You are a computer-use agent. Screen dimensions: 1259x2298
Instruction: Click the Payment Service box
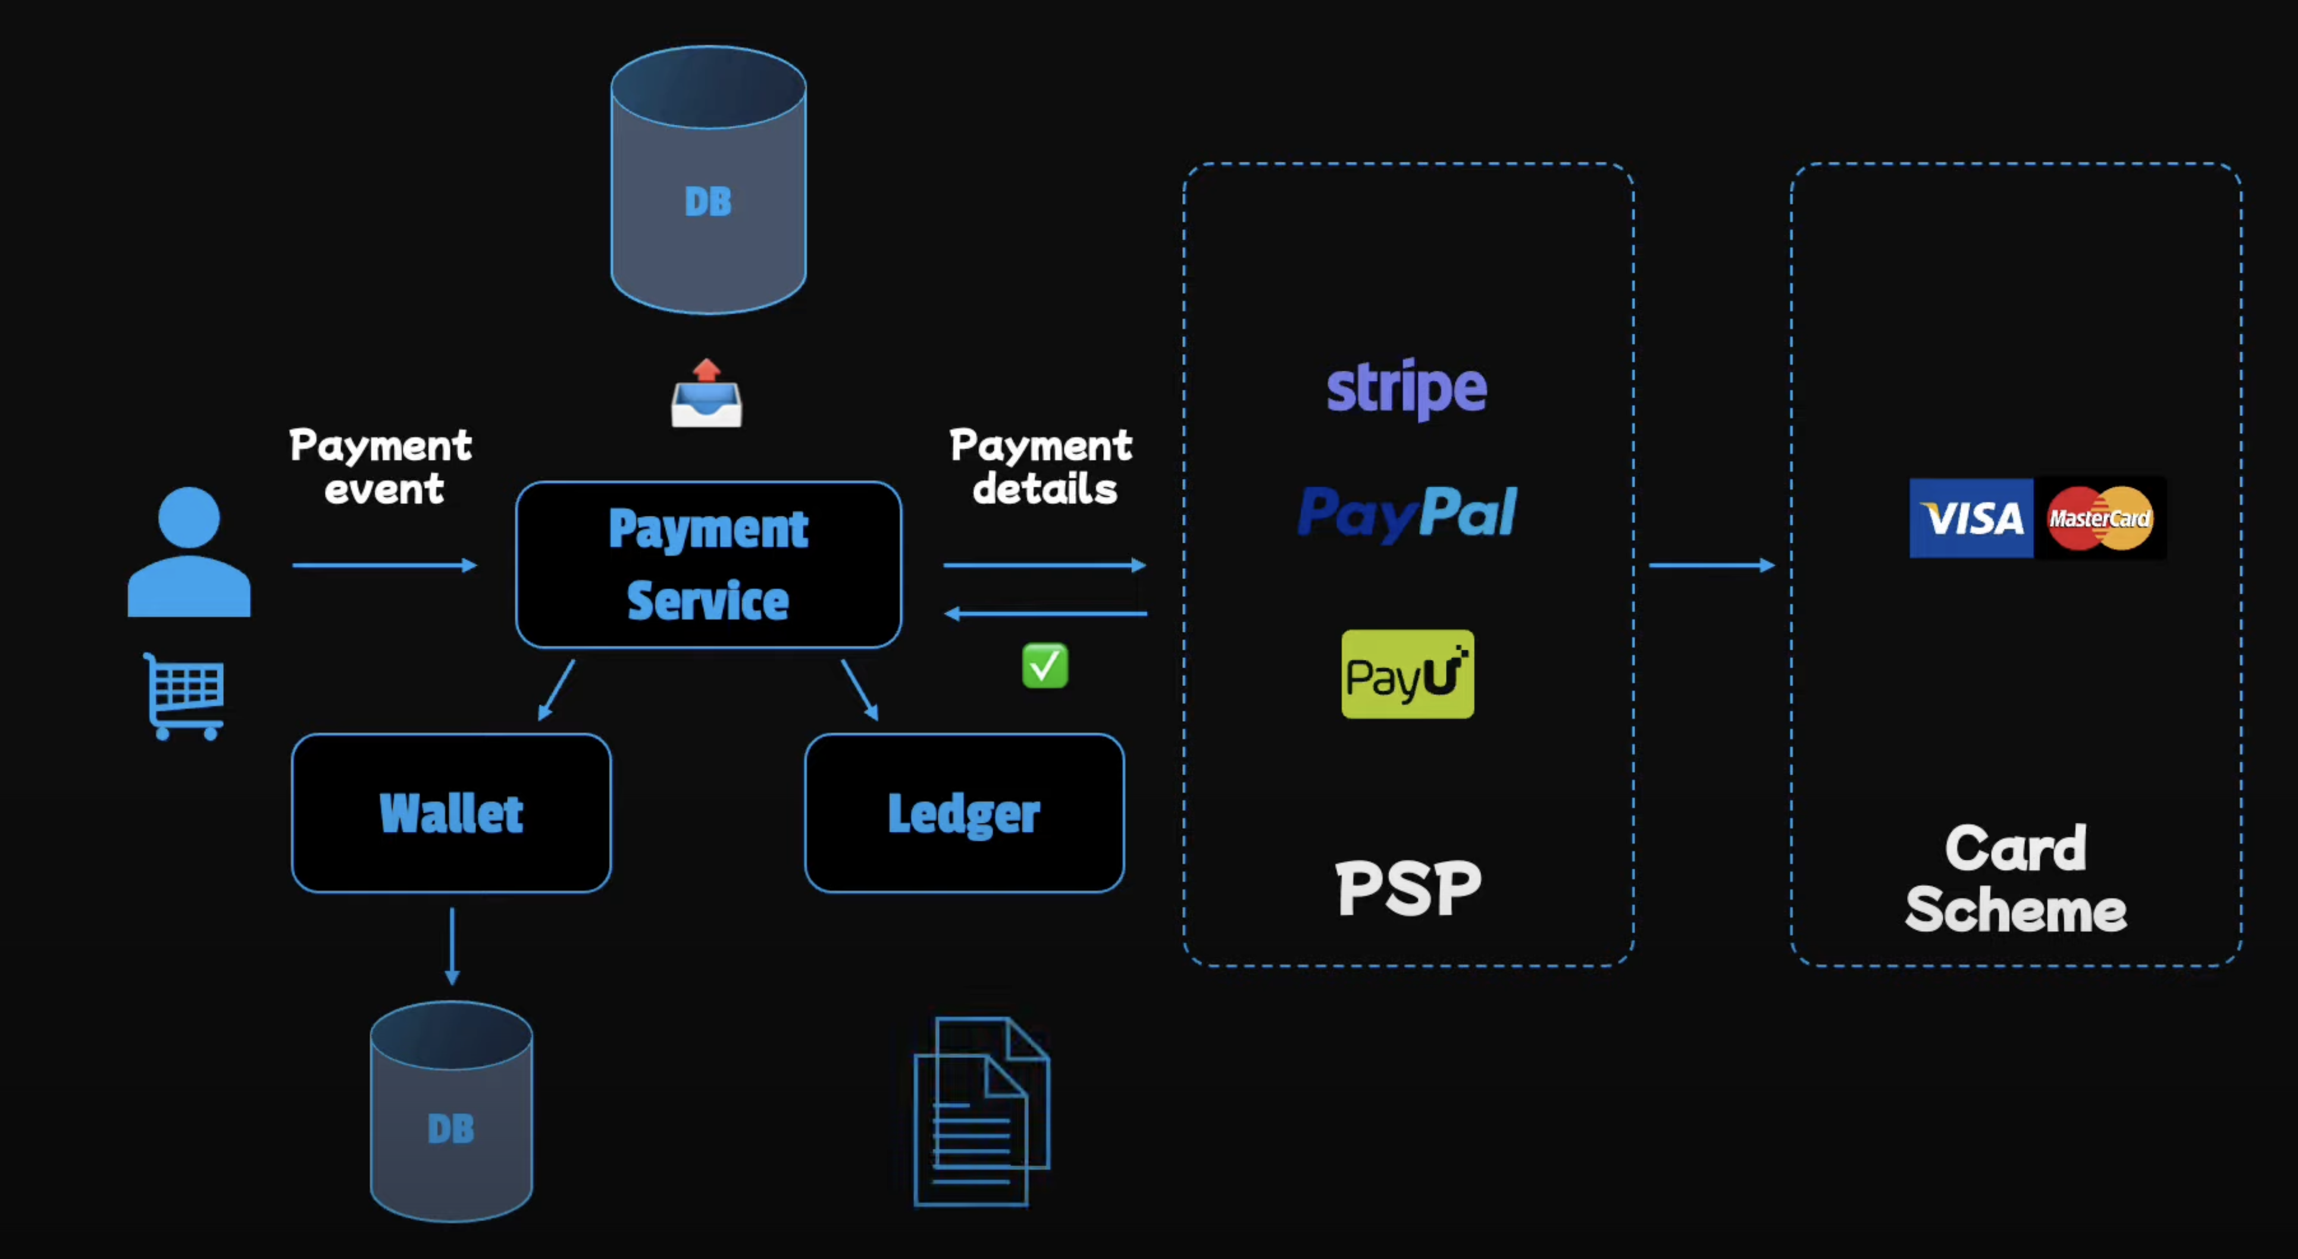click(708, 564)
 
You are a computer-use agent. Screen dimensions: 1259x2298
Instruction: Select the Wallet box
click(452, 813)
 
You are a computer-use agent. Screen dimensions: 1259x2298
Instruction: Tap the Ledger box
click(965, 813)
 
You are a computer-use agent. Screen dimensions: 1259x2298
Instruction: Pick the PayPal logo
click(1407, 512)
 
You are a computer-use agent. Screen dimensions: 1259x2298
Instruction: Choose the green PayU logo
click(1407, 674)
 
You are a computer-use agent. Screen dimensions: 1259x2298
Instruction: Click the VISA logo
click(1971, 518)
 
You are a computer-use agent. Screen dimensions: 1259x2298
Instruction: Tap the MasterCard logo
click(2099, 518)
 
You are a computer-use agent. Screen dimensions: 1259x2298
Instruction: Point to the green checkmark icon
click(1045, 666)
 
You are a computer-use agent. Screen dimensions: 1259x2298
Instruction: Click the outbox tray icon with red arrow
click(706, 394)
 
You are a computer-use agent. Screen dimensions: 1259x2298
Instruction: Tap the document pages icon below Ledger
click(981, 1112)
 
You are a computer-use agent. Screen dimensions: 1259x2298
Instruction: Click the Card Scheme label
click(2015, 879)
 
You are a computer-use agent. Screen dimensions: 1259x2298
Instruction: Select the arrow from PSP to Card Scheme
click(1712, 565)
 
